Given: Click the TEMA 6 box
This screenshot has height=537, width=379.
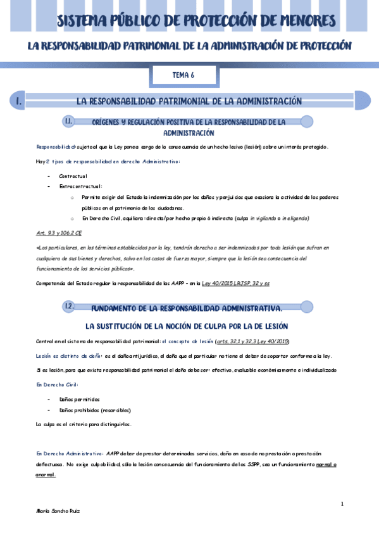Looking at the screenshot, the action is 183,75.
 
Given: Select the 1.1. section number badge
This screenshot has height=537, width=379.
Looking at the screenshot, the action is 70,121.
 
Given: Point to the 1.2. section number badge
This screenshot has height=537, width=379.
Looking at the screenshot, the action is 70,307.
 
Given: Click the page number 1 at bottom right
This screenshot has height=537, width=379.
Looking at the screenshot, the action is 342,504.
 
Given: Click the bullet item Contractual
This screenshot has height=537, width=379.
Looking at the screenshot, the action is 73,175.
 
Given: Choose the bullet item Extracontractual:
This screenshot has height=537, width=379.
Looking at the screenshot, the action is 80,186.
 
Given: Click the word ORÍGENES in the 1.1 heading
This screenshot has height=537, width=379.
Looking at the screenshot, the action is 110,122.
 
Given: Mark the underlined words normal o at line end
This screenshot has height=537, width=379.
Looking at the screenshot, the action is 326,465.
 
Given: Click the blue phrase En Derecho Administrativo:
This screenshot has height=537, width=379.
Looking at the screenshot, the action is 70,453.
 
